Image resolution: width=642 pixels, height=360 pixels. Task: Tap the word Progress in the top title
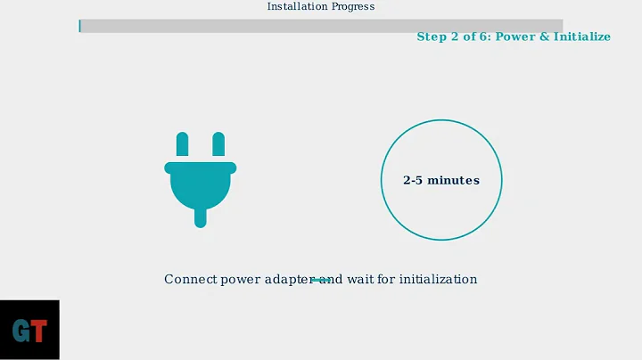(353, 6)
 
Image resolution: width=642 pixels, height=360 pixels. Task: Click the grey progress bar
(321, 26)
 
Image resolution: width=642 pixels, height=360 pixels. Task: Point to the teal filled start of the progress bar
(80, 26)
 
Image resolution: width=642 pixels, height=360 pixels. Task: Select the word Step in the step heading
(432, 37)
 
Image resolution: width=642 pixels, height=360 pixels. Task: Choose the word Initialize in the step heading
(580, 37)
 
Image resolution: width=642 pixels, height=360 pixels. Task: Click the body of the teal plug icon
(200, 183)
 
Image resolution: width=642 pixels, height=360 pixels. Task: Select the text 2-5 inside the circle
(413, 180)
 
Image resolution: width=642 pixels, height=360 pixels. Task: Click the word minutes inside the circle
(454, 180)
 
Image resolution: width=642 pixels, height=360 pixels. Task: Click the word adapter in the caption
(286, 280)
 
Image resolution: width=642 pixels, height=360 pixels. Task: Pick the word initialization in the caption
(440, 280)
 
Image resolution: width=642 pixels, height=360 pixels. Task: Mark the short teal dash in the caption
(321, 280)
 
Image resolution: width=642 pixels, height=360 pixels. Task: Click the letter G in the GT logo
(21, 331)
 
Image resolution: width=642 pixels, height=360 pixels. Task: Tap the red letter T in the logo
(39, 331)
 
